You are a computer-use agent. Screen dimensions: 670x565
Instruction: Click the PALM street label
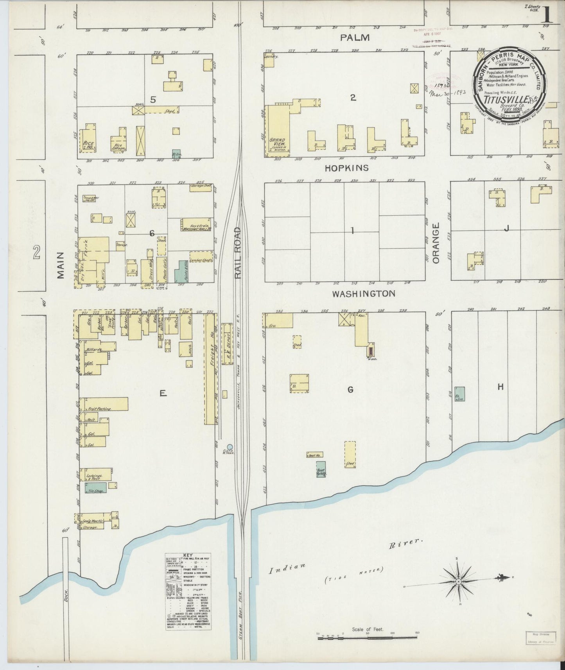(x=355, y=38)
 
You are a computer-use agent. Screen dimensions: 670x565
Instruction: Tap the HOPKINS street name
(x=347, y=168)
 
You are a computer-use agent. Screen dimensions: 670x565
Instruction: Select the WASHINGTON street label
(x=364, y=294)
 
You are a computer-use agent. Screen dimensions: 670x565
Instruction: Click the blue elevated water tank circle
(x=230, y=446)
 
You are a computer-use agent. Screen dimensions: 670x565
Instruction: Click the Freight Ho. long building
(x=210, y=369)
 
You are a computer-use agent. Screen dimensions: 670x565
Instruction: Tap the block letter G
(x=351, y=390)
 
